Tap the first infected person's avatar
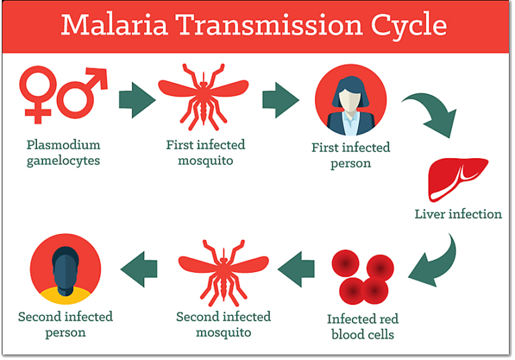(x=350, y=100)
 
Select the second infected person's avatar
(x=66, y=269)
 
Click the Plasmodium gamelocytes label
(x=64, y=153)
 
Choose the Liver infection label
(x=458, y=215)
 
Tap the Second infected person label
(x=66, y=324)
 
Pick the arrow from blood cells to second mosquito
(x=296, y=269)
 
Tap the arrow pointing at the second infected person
(x=139, y=269)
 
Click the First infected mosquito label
(x=206, y=153)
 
